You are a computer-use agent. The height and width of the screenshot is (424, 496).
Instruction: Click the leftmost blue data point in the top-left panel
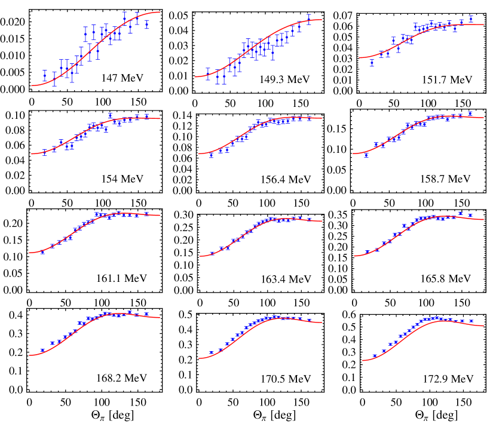[x=45, y=76]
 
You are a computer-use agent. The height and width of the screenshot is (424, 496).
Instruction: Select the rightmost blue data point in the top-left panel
[x=146, y=24]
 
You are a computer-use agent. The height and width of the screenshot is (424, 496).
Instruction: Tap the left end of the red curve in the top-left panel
[x=32, y=85]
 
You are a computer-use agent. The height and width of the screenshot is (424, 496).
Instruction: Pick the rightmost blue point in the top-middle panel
[x=309, y=19]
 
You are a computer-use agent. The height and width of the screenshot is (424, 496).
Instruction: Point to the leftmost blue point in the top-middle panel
[x=208, y=74]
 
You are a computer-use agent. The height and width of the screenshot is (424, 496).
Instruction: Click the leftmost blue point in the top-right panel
[x=372, y=63]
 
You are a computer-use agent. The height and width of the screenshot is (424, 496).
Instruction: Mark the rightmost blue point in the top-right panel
[x=471, y=19]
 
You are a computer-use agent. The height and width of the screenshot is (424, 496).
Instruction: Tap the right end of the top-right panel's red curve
[x=483, y=24]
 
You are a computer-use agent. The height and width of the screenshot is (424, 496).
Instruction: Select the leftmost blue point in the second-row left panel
[x=45, y=153]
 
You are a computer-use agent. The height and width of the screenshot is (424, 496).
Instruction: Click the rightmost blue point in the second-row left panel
[x=146, y=116]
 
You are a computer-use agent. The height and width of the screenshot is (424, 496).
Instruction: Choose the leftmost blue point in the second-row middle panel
[x=211, y=155]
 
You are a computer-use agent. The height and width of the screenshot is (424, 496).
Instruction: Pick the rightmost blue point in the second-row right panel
[x=470, y=113]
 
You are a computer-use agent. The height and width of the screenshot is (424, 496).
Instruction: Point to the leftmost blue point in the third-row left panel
[x=42, y=251]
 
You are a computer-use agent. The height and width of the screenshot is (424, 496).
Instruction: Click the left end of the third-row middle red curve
[x=200, y=256]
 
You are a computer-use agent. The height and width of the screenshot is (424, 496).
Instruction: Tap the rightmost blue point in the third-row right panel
[x=470, y=215]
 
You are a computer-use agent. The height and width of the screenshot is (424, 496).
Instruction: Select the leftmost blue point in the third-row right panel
[x=376, y=250]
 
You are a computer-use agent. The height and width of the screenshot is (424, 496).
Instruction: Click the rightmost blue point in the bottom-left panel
[x=146, y=314]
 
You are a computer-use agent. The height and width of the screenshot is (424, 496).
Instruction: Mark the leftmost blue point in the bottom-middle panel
[x=211, y=353]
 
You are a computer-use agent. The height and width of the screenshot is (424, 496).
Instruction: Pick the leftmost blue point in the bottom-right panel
[x=375, y=356]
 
